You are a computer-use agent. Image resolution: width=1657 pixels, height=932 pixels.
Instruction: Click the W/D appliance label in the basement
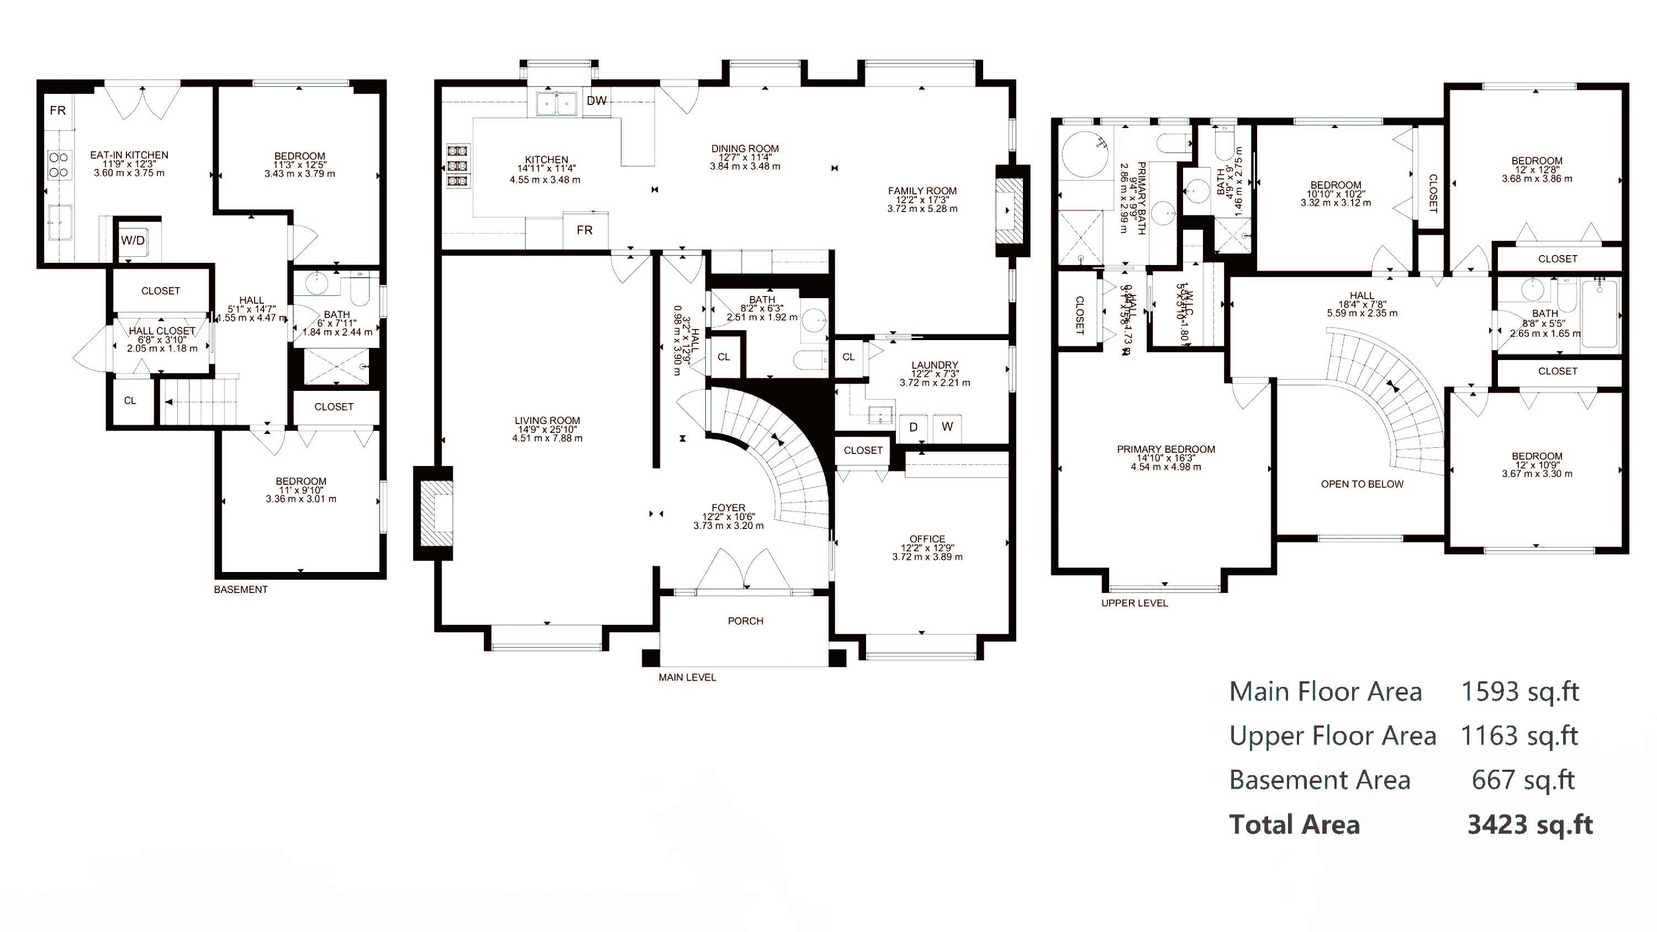click(133, 241)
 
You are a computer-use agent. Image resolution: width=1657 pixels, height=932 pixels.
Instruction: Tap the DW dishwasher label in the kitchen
click(597, 100)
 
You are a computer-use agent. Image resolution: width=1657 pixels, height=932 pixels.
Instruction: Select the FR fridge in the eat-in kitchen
click(58, 110)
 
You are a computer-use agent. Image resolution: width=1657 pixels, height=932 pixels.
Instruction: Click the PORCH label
click(746, 621)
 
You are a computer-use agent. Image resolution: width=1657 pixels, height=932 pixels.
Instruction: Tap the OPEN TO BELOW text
click(1362, 484)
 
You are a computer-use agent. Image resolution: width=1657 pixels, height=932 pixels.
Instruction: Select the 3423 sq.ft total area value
click(1529, 824)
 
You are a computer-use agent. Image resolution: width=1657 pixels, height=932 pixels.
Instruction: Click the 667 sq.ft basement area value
click(1523, 780)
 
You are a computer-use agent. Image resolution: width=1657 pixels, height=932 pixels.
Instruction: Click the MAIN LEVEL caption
click(687, 677)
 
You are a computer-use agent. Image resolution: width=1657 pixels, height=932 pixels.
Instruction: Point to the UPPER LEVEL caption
click(1134, 603)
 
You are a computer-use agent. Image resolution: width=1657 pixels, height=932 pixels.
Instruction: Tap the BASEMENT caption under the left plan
click(241, 589)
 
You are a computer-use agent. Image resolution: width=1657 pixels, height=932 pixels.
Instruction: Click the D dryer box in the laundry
click(913, 426)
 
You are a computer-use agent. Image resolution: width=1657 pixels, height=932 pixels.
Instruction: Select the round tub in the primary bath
click(1085, 155)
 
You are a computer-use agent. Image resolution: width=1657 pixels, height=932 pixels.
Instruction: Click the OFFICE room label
click(927, 539)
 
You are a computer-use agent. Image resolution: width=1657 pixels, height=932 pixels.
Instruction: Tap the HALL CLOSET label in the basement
click(162, 331)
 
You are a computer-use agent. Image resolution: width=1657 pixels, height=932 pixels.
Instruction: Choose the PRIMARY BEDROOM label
click(1165, 449)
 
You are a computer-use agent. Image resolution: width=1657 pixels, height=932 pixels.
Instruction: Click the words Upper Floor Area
click(1332, 735)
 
